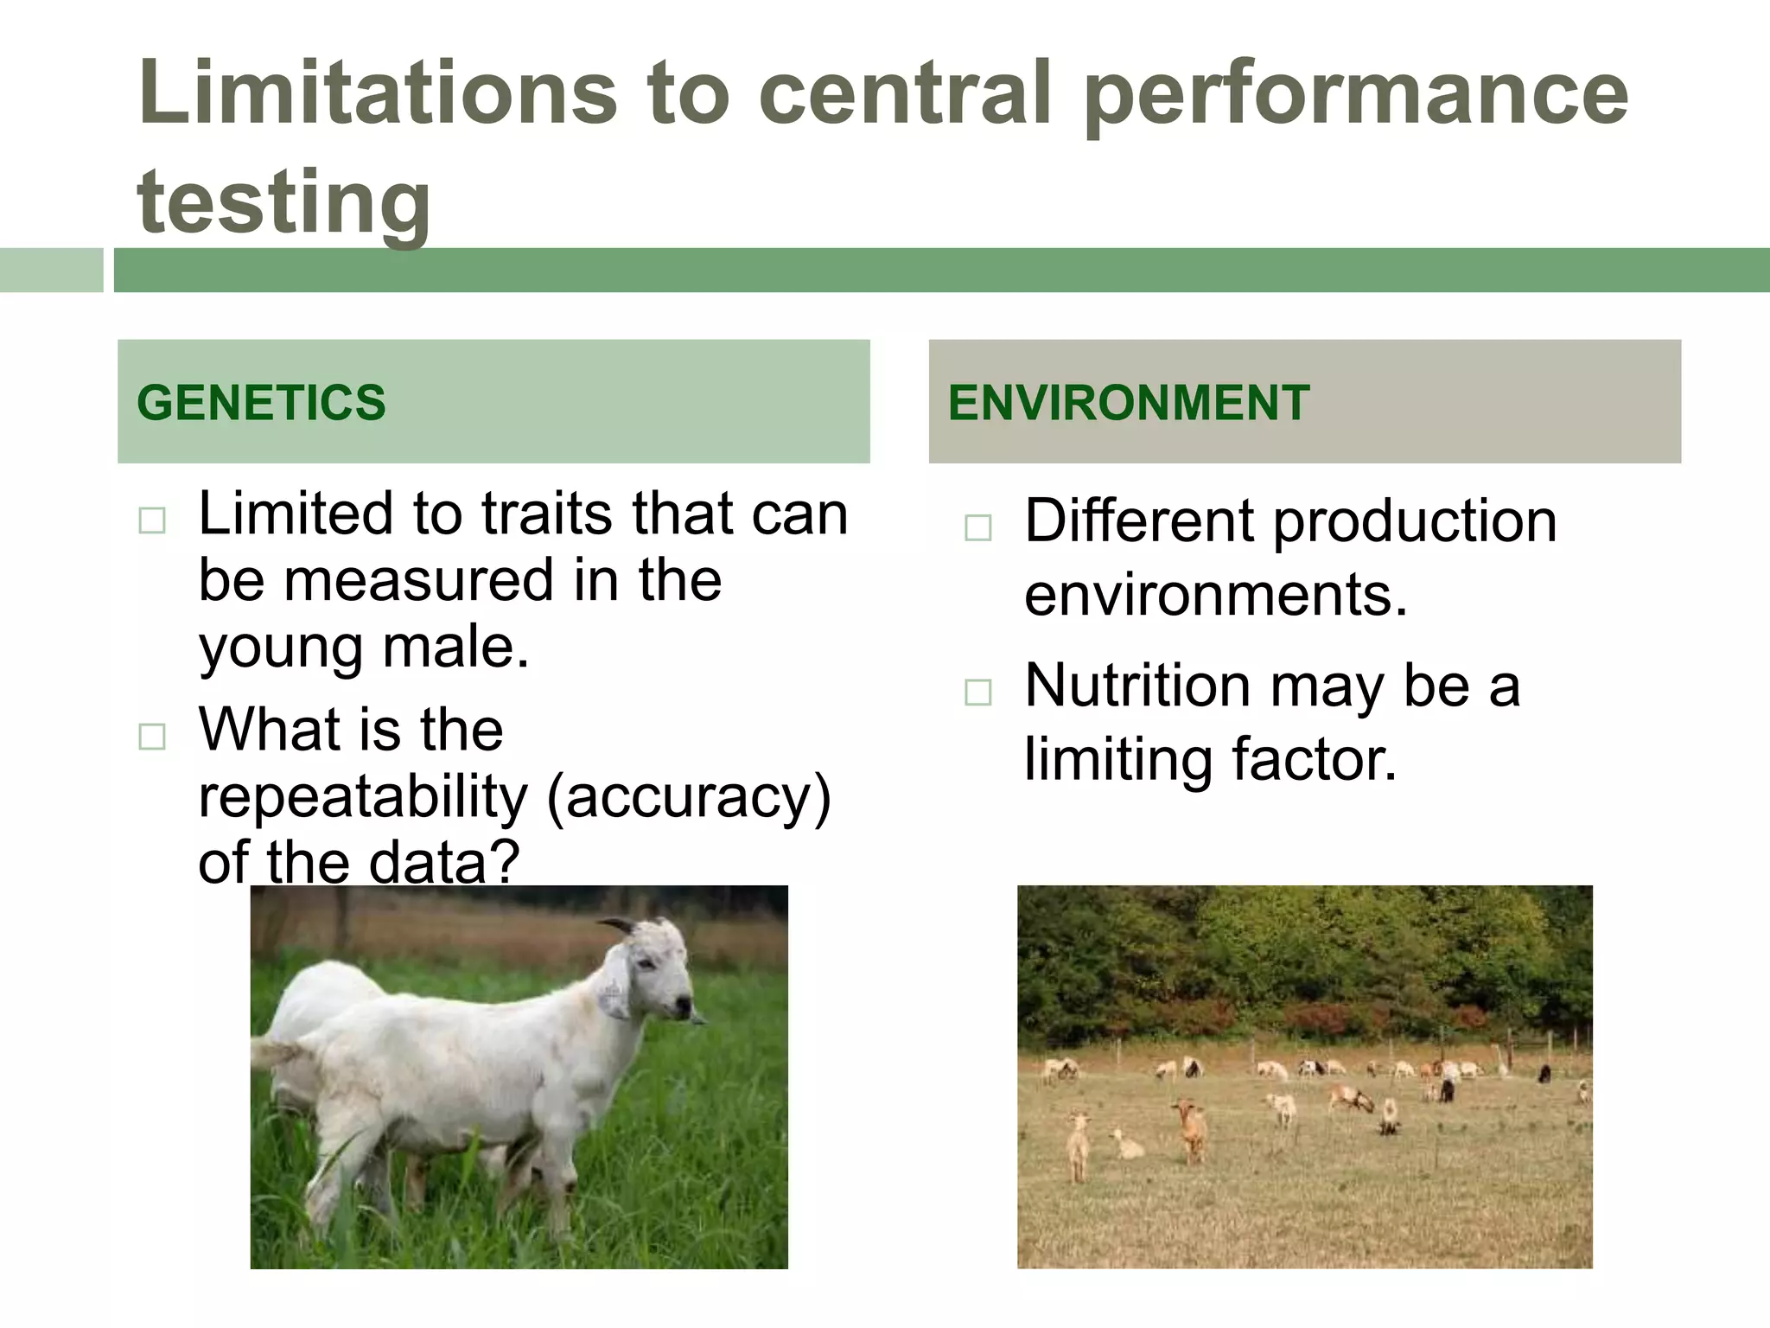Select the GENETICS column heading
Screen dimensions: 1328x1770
(x=261, y=403)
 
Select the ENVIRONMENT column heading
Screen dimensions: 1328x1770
(x=1128, y=403)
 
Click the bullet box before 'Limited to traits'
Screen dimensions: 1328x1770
(x=152, y=520)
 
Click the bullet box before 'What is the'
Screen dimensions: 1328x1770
(x=152, y=737)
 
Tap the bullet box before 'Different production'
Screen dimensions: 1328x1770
(x=977, y=527)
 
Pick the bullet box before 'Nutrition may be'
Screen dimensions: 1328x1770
(x=977, y=692)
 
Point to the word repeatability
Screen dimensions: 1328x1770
(x=362, y=796)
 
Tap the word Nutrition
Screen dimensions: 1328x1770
(x=1137, y=686)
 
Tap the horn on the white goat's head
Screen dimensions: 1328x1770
(x=621, y=924)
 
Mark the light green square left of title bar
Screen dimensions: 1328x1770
(x=51, y=270)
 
